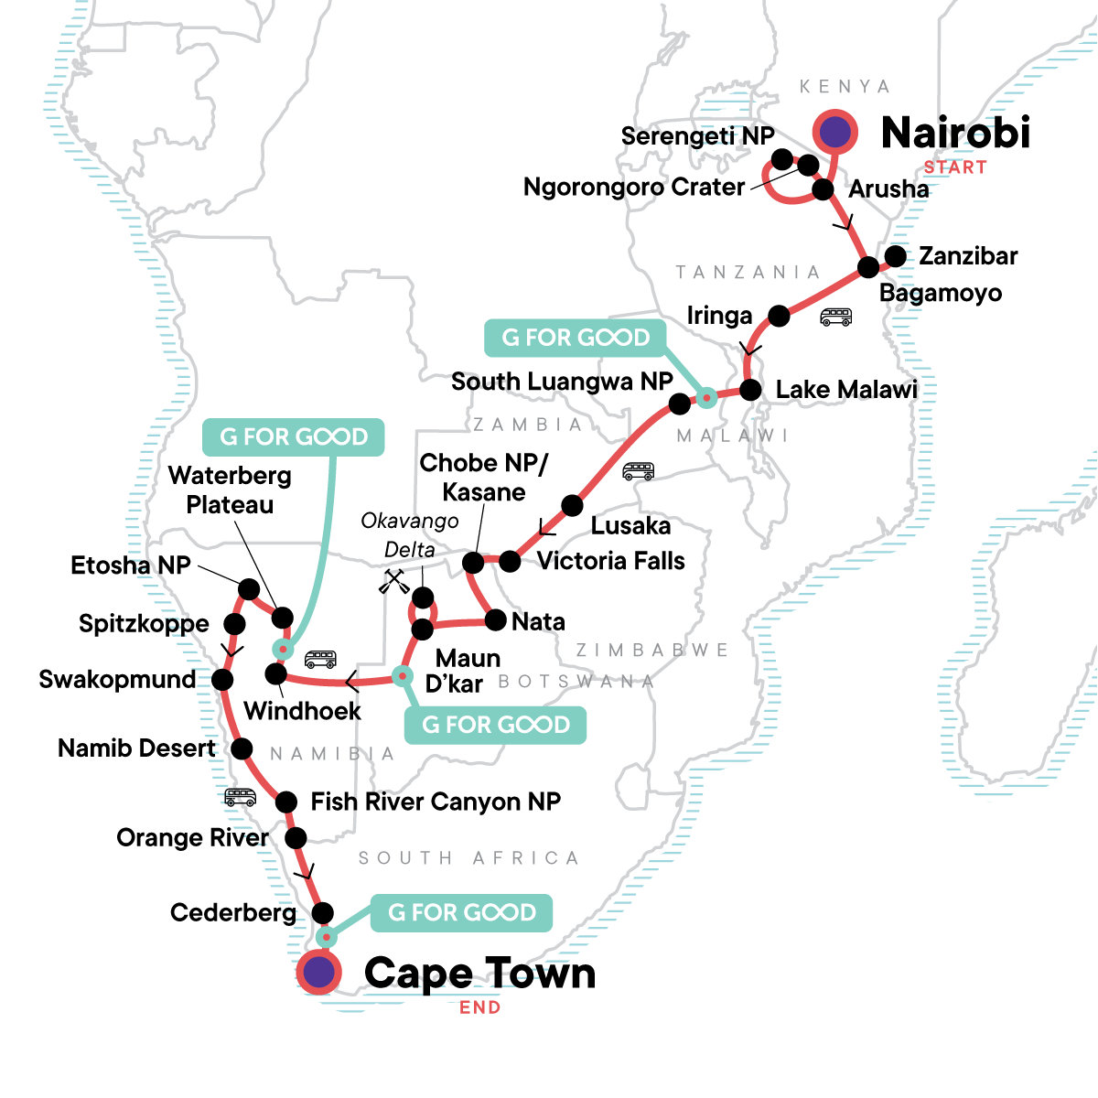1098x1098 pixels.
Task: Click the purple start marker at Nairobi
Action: coord(834,133)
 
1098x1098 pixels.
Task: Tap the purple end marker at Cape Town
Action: coord(318,973)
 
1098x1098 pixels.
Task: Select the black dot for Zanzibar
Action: coord(896,256)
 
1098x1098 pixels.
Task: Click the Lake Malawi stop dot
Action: coord(750,390)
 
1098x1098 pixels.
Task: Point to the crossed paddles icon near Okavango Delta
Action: coord(394,582)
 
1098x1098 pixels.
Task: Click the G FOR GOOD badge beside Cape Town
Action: coord(462,912)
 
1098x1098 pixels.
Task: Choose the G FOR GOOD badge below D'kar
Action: coord(495,725)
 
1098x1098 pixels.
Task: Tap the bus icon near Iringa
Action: coord(835,317)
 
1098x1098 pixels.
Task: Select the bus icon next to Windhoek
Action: coord(319,659)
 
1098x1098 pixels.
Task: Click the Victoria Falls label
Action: coord(610,561)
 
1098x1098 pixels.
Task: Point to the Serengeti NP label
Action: coord(697,136)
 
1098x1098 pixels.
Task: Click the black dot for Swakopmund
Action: coord(222,680)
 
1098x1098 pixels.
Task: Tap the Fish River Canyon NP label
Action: coord(436,802)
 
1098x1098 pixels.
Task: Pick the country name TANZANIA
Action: coord(748,272)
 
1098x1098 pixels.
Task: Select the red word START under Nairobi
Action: coord(954,167)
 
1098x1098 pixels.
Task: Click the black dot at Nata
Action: coord(495,621)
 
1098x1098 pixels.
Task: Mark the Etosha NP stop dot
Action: coord(249,587)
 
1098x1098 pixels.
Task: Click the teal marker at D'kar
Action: coord(402,676)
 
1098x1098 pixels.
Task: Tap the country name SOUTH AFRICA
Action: coord(468,858)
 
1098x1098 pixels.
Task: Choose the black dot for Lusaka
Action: coord(572,505)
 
